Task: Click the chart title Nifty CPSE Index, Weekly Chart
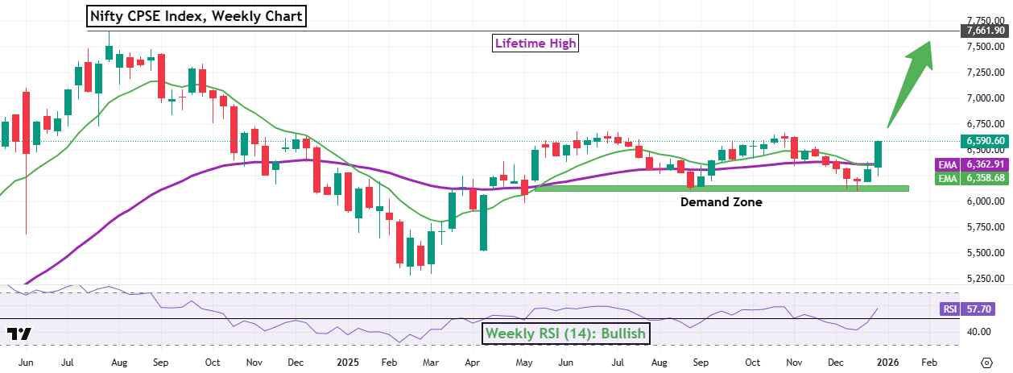pos(196,15)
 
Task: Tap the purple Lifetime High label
pos(535,43)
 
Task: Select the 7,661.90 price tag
pos(983,31)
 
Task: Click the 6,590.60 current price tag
pos(983,140)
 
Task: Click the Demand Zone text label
pos(721,202)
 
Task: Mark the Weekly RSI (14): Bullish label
pos(564,332)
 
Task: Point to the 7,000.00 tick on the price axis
pos(983,98)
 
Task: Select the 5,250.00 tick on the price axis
pos(983,279)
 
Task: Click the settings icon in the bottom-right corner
pos(987,363)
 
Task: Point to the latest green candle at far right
pos(879,154)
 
